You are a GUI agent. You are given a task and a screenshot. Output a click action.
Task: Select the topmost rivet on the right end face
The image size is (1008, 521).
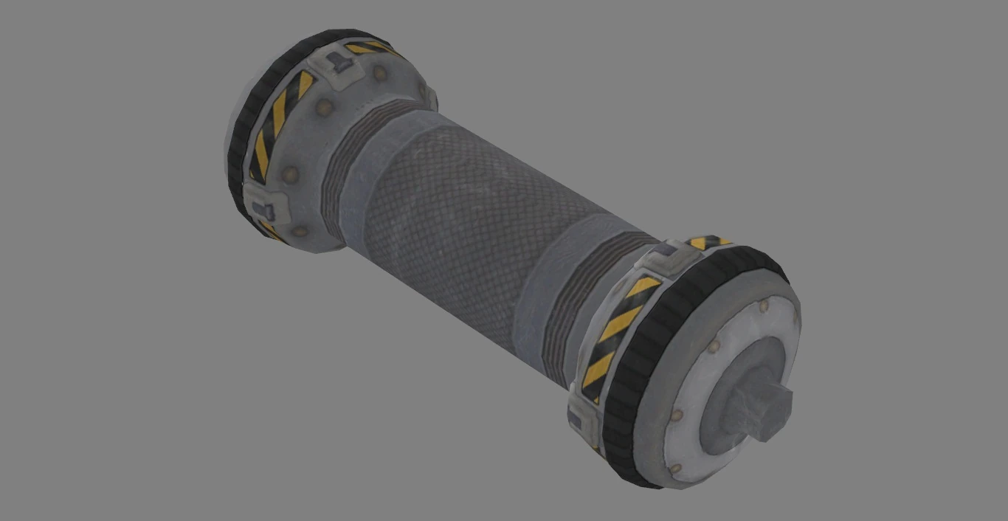click(x=764, y=304)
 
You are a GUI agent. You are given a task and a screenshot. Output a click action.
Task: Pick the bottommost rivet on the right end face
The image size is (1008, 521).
click(x=675, y=469)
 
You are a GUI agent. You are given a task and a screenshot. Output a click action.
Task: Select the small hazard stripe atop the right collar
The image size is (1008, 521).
click(x=707, y=241)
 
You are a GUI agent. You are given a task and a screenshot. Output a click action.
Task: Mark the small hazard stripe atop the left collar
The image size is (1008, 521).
click(x=369, y=48)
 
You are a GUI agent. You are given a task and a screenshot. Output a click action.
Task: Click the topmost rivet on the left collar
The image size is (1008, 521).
click(x=381, y=73)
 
